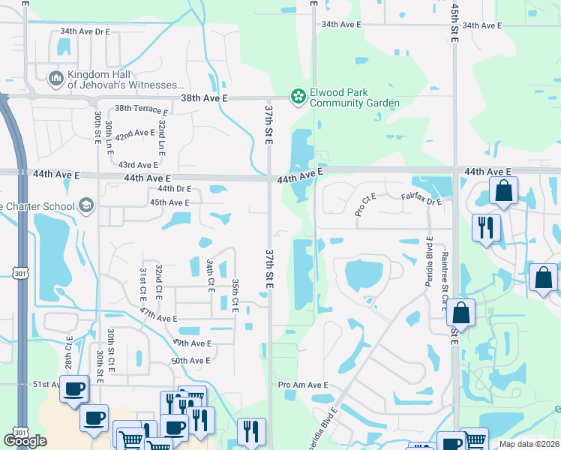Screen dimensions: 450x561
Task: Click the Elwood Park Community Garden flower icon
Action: coord(298,95)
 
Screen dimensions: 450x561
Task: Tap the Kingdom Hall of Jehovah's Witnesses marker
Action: coord(55,78)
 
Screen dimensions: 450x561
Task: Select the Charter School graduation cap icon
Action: coord(86,205)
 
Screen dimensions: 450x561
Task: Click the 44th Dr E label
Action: coord(174,189)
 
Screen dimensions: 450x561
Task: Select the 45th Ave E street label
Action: coord(169,202)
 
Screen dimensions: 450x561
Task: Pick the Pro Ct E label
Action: coord(366,205)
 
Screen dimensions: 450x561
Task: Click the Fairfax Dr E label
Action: coord(421,199)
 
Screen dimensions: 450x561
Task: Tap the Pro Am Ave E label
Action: coord(303,385)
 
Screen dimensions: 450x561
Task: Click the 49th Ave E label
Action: coord(192,343)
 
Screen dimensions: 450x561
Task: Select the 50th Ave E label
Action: coord(191,361)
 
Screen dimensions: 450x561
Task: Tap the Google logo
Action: coord(25,440)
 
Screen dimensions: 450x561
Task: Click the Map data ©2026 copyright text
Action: coord(529,444)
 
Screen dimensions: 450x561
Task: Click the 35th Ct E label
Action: coord(235,295)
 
